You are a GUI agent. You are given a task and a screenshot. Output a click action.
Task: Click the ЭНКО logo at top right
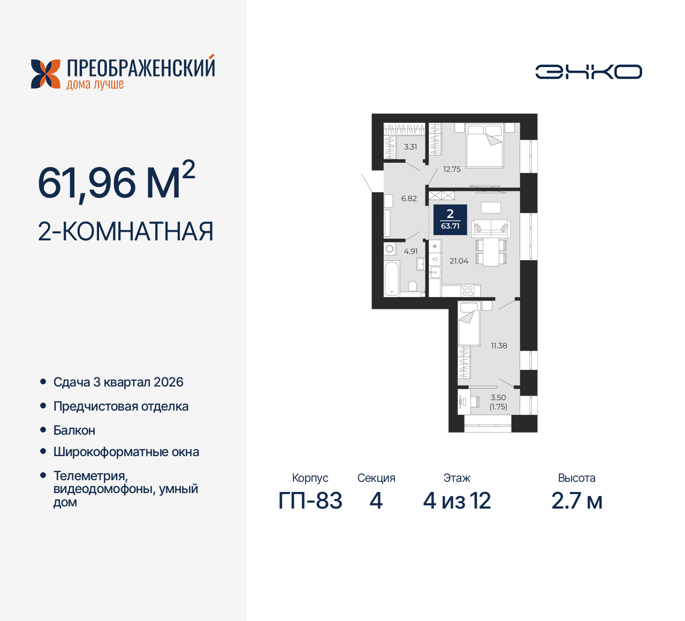(589, 72)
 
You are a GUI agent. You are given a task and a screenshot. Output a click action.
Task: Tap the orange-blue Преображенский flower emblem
(45, 74)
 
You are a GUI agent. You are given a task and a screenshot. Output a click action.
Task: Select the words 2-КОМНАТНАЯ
(126, 231)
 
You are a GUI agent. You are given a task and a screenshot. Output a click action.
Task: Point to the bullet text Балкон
(74, 430)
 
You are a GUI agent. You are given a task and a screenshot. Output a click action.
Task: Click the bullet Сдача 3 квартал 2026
(118, 382)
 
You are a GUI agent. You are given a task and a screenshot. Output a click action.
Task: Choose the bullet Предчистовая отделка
(121, 406)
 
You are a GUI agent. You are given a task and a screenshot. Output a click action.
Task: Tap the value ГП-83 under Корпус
(310, 501)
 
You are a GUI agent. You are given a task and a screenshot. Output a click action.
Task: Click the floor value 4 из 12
(457, 501)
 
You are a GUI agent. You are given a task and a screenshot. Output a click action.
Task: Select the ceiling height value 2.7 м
(577, 501)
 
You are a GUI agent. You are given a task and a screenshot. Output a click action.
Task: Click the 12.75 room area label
(452, 169)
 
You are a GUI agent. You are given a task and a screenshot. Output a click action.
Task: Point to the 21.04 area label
(459, 261)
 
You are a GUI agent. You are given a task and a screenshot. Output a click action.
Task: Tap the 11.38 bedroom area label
(499, 346)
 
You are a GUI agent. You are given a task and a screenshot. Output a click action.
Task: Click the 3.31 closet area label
(410, 147)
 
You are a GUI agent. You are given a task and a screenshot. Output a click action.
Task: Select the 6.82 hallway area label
(409, 199)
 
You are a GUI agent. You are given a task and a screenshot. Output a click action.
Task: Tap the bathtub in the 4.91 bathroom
(392, 278)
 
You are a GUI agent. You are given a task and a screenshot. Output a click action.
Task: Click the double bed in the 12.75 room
(484, 146)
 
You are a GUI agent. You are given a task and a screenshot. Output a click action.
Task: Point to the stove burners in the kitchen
(467, 291)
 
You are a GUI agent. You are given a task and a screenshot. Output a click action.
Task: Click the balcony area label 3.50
(498, 397)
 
